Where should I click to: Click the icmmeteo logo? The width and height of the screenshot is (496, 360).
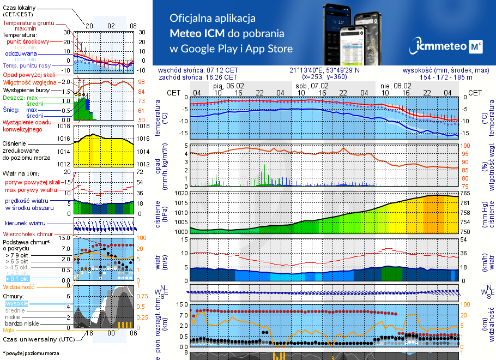[447, 47]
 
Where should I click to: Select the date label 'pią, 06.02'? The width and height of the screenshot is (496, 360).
[228, 86]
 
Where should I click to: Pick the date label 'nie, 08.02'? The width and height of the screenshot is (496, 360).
[396, 86]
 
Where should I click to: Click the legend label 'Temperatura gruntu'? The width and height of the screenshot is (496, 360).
[28, 23]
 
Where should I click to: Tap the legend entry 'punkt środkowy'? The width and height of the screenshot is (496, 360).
[28, 41]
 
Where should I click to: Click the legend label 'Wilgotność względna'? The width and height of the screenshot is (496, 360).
[30, 82]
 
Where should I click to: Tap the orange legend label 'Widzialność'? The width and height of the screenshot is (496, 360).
[19, 286]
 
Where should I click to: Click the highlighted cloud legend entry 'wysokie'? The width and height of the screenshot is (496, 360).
[16, 303]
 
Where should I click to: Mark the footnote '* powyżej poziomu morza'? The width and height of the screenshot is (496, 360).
[31, 353]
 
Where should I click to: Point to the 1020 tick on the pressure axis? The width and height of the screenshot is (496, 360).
[180, 193]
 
